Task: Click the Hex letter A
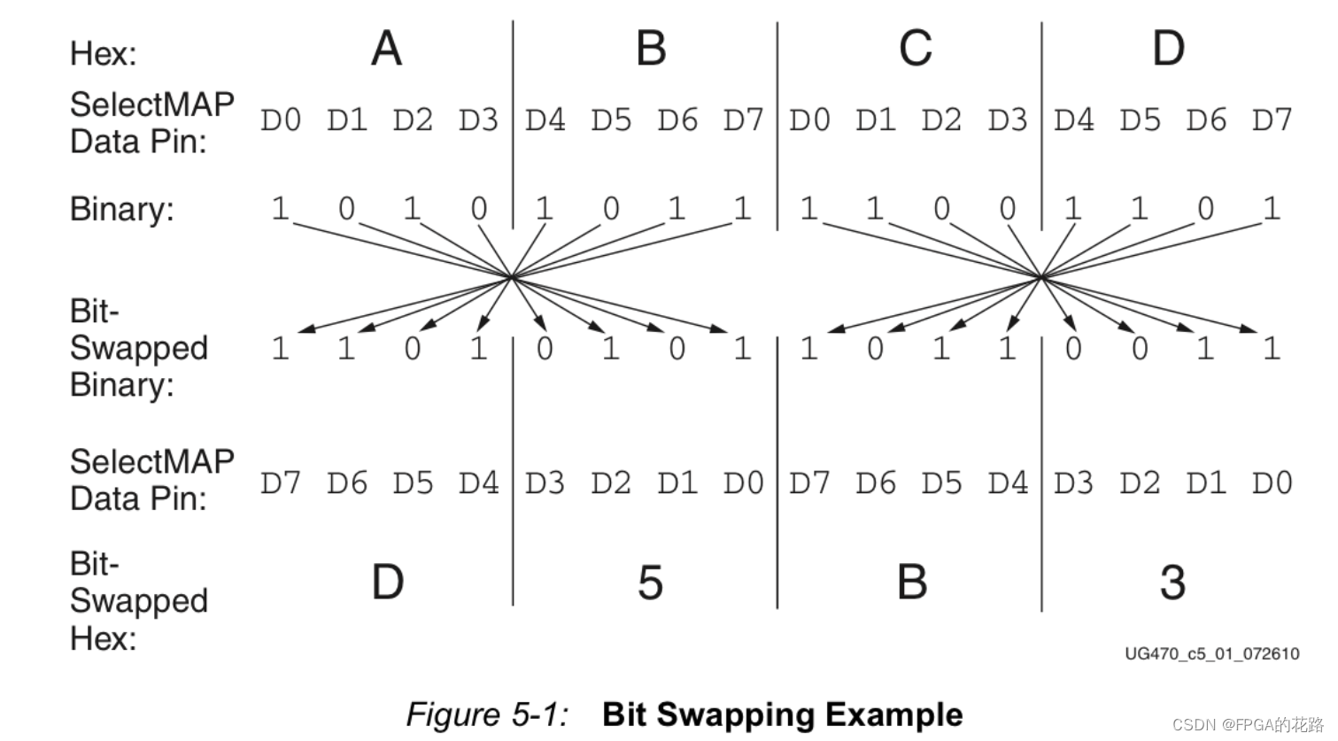tap(386, 49)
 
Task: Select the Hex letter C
tap(915, 49)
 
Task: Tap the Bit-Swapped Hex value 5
tap(650, 583)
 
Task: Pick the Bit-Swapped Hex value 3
tap(1172, 583)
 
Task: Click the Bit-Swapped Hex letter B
tap(912, 583)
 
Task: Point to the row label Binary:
tap(122, 210)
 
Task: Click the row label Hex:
tap(104, 54)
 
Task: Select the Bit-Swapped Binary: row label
tap(138, 348)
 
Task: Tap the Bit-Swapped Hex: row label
tap(138, 600)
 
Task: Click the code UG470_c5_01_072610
tap(1212, 653)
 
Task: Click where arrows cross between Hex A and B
tap(512, 277)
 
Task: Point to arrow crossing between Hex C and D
tap(1041, 277)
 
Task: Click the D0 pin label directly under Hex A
tap(281, 120)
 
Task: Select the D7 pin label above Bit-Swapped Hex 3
tap(809, 483)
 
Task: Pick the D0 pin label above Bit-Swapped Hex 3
tap(1272, 483)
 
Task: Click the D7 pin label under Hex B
tap(743, 120)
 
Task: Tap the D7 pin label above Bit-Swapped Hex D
tap(281, 483)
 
